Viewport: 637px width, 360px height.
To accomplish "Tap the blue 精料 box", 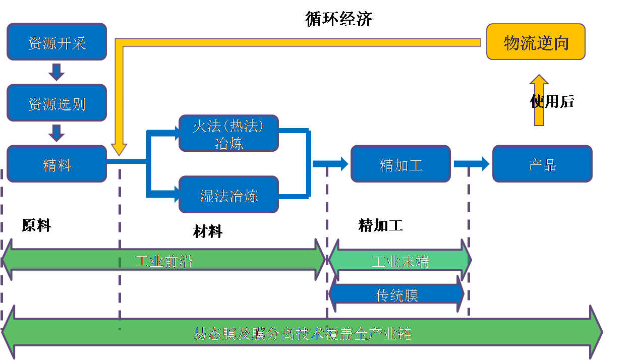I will pyautogui.click(x=56, y=164).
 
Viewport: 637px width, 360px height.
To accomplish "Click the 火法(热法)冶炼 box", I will pyautogui.click(x=228, y=134).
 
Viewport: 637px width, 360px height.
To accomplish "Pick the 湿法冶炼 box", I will pyautogui.click(x=228, y=195).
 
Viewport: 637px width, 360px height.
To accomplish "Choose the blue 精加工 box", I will pyautogui.click(x=400, y=164).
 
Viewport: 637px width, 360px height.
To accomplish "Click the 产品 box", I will pyautogui.click(x=542, y=164).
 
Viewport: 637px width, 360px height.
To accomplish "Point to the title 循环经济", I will pyautogui.click(x=338, y=19).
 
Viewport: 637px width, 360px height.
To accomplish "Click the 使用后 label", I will pyautogui.click(x=552, y=101).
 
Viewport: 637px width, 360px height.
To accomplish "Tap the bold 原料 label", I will pyautogui.click(x=36, y=225).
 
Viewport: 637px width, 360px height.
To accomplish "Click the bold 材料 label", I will pyautogui.click(x=208, y=231).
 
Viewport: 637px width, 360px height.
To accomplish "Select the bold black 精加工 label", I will pyautogui.click(x=380, y=225).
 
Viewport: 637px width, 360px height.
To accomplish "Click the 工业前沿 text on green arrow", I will pyautogui.click(x=164, y=261).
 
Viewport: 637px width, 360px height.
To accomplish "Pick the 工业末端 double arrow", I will pyautogui.click(x=400, y=261).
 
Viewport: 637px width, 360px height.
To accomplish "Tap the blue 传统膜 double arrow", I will pyautogui.click(x=397, y=294).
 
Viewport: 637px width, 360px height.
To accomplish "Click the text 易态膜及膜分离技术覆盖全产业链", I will pyautogui.click(x=303, y=333).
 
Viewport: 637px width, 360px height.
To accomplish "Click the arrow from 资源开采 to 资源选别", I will pyautogui.click(x=56, y=72).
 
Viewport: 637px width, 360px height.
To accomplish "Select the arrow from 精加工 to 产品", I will pyautogui.click(x=472, y=163).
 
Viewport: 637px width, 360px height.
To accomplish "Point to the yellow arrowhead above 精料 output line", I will pyautogui.click(x=119, y=149).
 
